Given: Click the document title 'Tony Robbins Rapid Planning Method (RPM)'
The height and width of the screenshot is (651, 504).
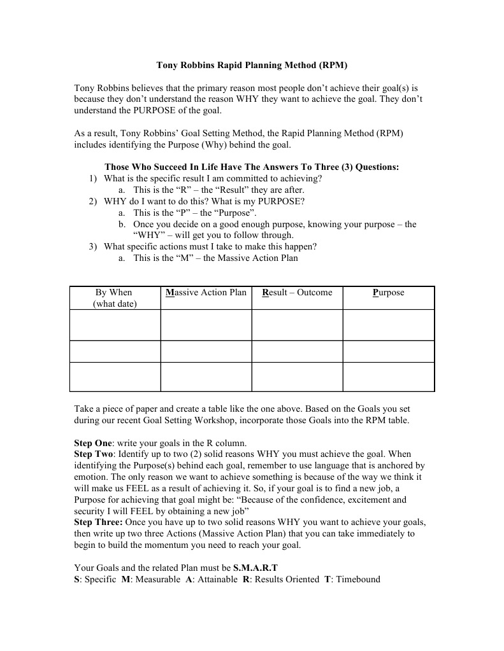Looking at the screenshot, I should tap(252, 65).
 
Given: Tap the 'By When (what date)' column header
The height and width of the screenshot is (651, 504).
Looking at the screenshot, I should tap(114, 298).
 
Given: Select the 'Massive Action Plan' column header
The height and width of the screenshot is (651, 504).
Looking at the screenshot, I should tap(206, 293).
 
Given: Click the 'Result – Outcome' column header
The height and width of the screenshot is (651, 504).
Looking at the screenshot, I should tap(297, 293).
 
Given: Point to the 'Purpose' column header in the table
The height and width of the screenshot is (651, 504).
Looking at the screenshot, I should tap(388, 293).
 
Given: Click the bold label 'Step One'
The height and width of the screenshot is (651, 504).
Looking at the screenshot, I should tap(93, 443).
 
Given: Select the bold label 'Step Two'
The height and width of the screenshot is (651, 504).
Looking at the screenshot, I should tap(94, 454).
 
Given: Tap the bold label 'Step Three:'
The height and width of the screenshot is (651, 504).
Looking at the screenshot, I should tap(97, 522).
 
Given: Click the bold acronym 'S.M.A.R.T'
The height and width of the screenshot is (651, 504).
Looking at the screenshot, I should tap(255, 568).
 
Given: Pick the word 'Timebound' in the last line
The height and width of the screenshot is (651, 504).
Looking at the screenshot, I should tap(357, 579).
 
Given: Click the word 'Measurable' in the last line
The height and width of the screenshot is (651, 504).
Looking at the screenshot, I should tap(157, 579).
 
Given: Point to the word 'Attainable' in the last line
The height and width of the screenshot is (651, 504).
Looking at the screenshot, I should tap(217, 579).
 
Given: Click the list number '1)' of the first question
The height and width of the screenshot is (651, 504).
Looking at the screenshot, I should tap(93, 179).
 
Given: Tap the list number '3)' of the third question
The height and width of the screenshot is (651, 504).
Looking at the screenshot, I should tap(93, 247).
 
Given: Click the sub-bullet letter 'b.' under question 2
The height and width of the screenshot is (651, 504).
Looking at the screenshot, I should tap(122, 225).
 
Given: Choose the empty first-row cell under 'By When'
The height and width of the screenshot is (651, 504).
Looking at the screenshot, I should tap(115, 325).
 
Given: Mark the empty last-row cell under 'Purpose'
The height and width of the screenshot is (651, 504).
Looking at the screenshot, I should tap(388, 376).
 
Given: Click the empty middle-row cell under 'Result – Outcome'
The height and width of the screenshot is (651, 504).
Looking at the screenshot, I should tap(297, 351).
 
